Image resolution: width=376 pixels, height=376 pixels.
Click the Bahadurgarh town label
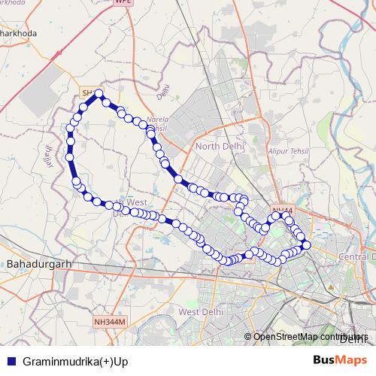pos(38,265)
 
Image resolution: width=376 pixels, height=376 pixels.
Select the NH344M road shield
pos(111,322)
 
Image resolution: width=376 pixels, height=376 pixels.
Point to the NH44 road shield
pos(282,211)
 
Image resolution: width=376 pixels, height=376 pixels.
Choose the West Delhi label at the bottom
pos(199,312)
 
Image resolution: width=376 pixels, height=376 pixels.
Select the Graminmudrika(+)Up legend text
pos(76,360)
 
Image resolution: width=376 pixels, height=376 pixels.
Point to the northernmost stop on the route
pos(99,94)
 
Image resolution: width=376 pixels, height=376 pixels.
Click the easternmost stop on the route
pos(306,245)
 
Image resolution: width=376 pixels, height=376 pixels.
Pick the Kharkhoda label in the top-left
pos(18,34)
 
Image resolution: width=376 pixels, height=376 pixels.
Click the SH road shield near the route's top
pos(88,92)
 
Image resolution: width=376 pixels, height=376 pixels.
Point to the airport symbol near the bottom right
pos(332,288)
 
